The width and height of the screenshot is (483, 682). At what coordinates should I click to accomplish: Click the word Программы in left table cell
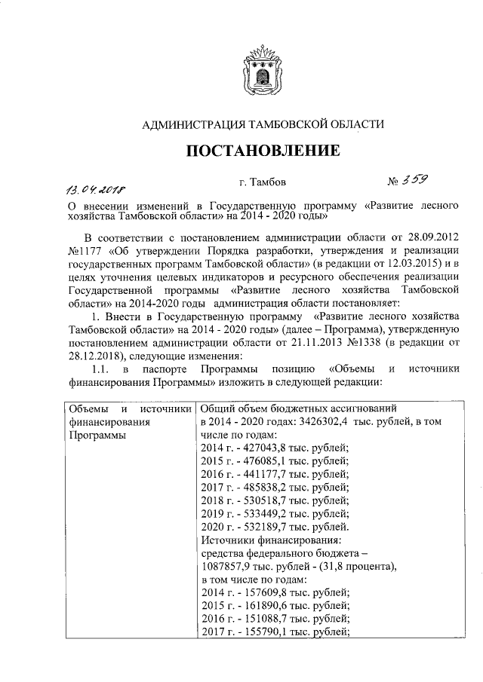pos(94,436)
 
